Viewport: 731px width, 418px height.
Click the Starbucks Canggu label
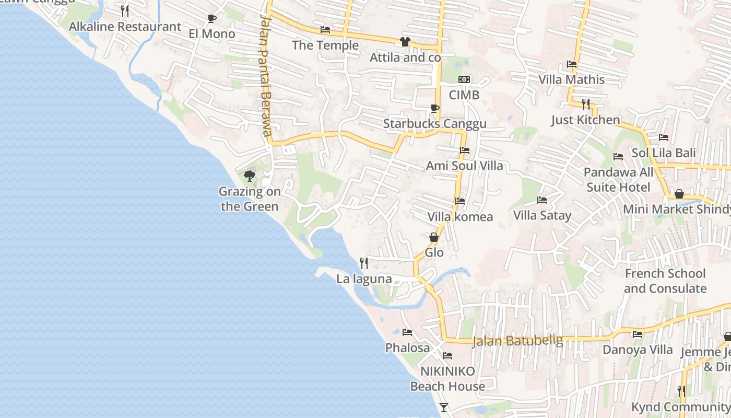click(x=434, y=124)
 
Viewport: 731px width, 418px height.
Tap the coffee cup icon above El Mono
click(x=211, y=19)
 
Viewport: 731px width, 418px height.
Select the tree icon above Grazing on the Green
click(x=250, y=176)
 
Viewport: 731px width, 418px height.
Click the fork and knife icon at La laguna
click(x=364, y=263)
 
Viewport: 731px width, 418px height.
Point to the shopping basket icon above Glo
click(x=434, y=237)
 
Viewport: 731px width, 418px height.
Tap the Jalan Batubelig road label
click(x=517, y=341)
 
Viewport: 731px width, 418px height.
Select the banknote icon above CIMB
click(x=464, y=79)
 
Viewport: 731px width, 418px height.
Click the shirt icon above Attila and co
click(x=405, y=42)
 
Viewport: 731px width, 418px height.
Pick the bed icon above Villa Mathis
click(x=572, y=65)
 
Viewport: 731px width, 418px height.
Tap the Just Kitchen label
click(x=585, y=120)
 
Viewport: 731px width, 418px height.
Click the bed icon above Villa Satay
click(x=542, y=200)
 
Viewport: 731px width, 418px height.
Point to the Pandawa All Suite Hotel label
click(x=618, y=180)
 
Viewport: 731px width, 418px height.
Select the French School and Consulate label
click(x=665, y=281)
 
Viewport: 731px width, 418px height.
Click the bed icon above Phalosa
click(x=407, y=332)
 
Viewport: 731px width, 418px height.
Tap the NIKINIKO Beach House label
click(x=447, y=379)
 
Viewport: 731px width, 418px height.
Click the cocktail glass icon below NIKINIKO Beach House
click(x=444, y=408)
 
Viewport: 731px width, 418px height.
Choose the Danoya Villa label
click(x=638, y=350)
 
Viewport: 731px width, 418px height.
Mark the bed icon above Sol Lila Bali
click(x=664, y=137)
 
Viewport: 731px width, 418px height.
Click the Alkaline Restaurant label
click(x=125, y=27)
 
